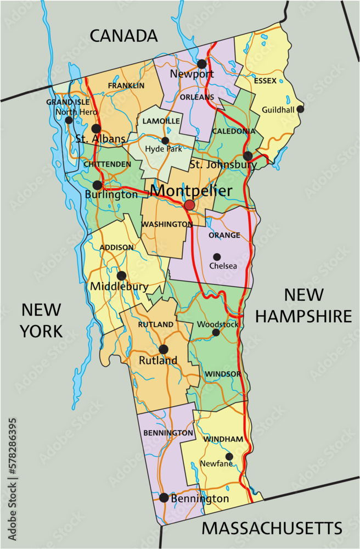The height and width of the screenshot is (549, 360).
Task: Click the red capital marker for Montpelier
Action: coord(189,205)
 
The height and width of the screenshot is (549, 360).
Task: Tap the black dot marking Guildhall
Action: coord(300,109)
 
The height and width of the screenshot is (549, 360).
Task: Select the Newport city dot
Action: coord(202,64)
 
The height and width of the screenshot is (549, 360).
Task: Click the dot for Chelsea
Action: coord(217,256)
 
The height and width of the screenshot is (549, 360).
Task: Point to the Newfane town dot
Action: coord(229,456)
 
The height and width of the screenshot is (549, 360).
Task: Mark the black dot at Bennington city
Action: coord(164,498)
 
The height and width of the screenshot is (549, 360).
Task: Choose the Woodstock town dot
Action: coord(216,332)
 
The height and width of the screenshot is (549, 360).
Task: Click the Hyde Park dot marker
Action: coord(165,141)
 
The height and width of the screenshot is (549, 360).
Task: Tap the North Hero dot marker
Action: coord(69,120)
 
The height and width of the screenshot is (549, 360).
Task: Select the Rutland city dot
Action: coord(163,349)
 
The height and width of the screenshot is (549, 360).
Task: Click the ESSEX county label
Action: coord(265,81)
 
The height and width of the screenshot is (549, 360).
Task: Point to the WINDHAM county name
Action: coord(223,440)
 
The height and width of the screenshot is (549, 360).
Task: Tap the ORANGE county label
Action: coord(224,236)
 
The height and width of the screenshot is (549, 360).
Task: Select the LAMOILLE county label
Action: coord(161,120)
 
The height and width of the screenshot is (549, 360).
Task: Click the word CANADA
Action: coord(123,36)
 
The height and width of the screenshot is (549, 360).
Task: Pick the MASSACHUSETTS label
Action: coord(272,528)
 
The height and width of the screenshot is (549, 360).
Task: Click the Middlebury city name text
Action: coord(119,287)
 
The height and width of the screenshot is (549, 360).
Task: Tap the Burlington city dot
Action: coord(97,185)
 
